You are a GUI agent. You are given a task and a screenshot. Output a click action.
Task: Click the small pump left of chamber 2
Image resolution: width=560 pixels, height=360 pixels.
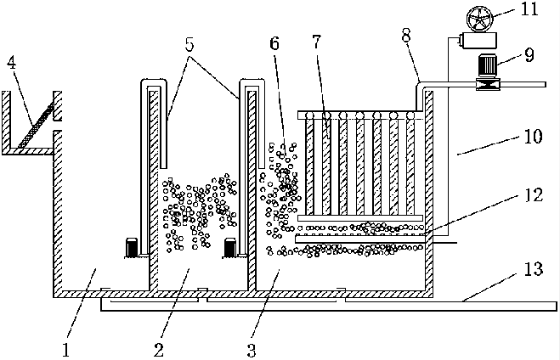133,247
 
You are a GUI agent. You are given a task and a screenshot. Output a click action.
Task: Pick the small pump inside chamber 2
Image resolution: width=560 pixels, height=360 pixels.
229,247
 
